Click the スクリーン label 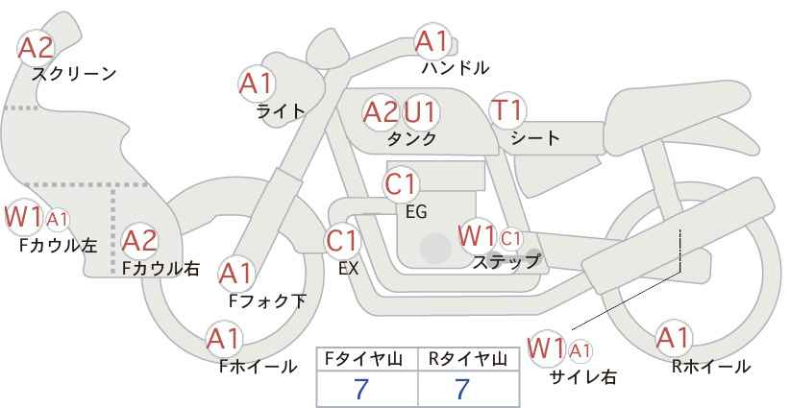click(x=74, y=74)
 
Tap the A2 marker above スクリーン click(x=36, y=48)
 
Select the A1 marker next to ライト click(x=257, y=84)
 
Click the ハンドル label click(x=456, y=67)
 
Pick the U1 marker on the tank click(x=420, y=112)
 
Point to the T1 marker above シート click(x=507, y=110)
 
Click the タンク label click(x=411, y=138)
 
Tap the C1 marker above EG click(x=401, y=184)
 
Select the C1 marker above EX click(x=342, y=242)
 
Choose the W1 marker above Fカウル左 click(x=24, y=217)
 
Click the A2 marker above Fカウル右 click(x=139, y=241)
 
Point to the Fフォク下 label click(x=267, y=300)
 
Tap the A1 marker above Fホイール click(x=224, y=339)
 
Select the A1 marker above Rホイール click(x=673, y=338)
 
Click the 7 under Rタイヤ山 click(x=462, y=389)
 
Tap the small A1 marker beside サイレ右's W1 click(x=580, y=350)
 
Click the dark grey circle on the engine click(x=435, y=248)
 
